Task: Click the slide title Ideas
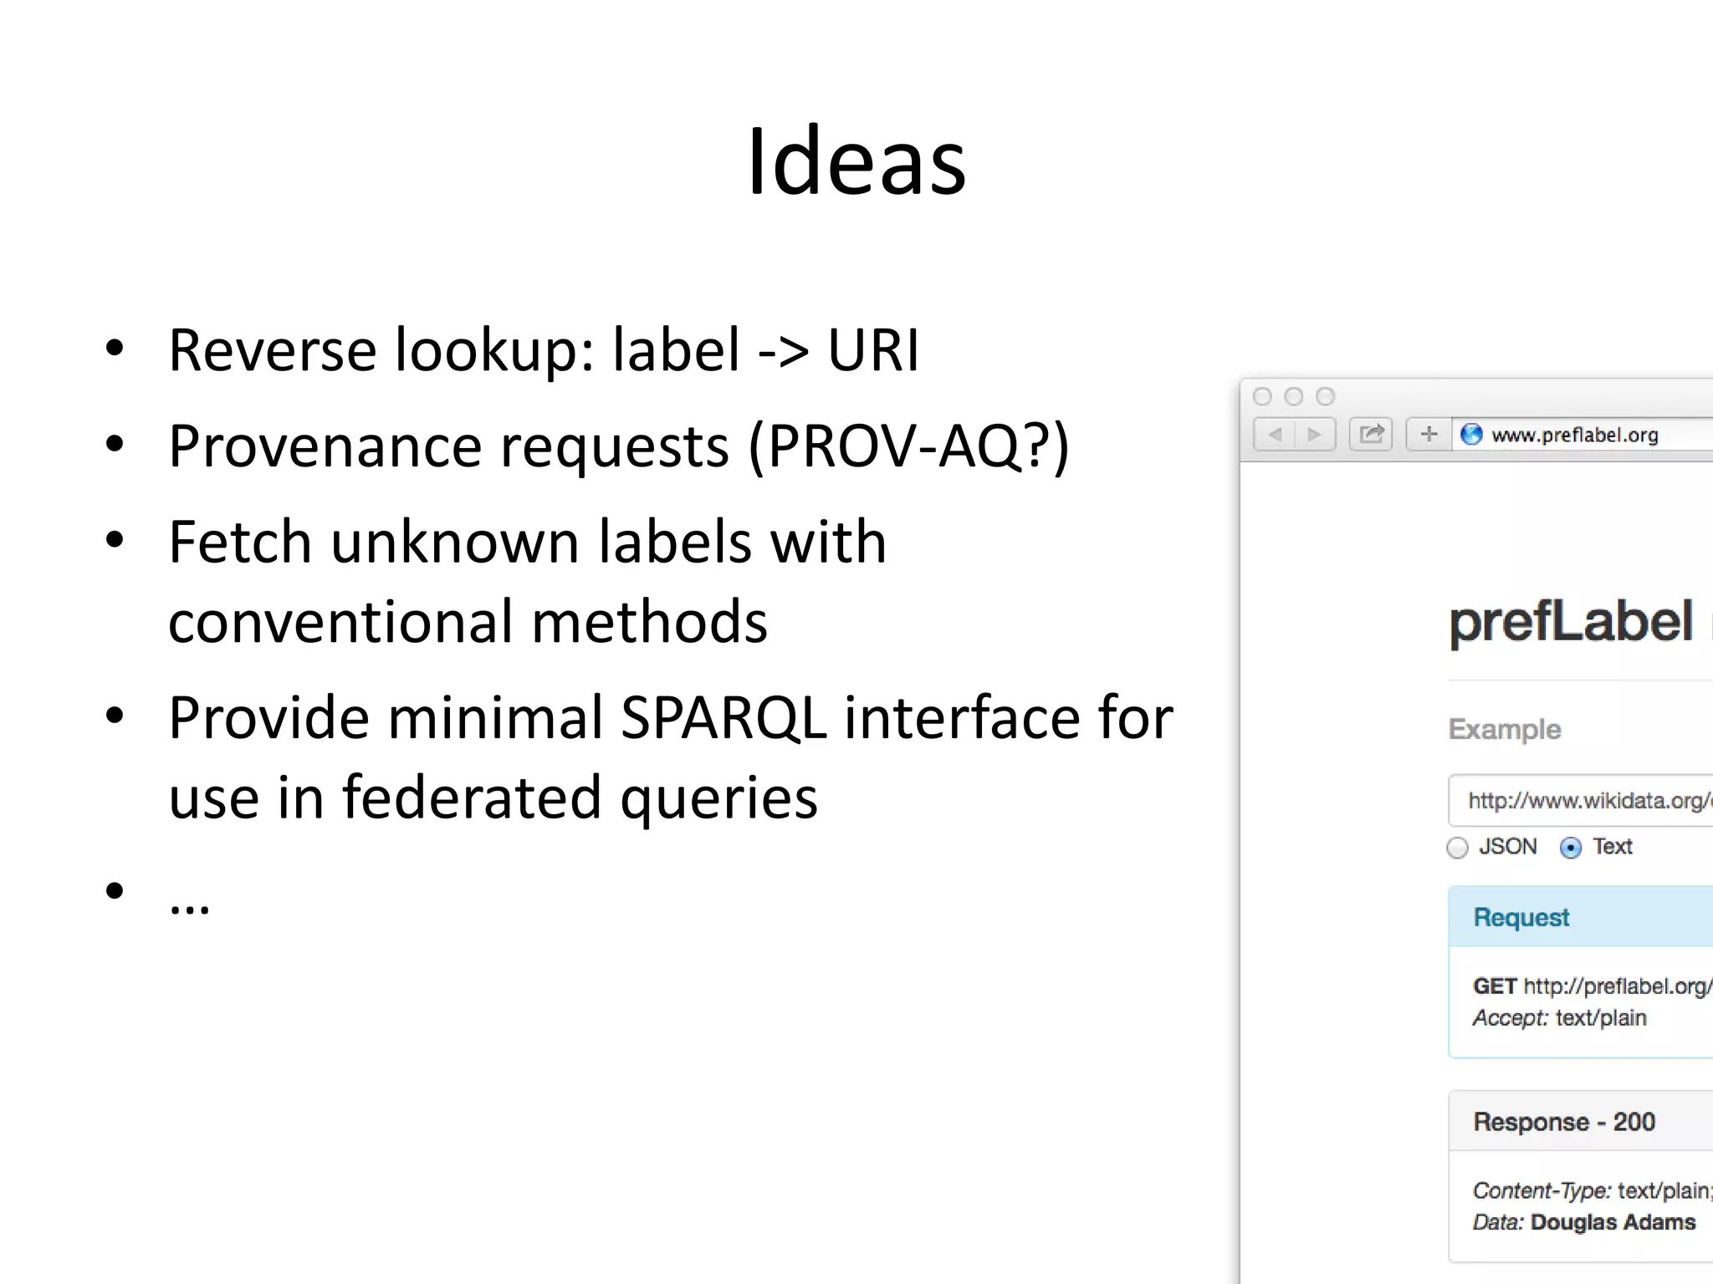coord(856,162)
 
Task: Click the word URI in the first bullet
coord(872,349)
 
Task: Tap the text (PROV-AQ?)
coord(908,446)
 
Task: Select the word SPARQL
coord(723,718)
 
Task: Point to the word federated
coord(471,797)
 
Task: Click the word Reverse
coord(272,349)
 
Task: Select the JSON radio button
coord(1457,848)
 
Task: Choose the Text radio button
coord(1571,848)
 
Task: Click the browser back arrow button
coord(1275,435)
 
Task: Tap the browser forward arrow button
coord(1314,435)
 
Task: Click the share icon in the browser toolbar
coord(1371,435)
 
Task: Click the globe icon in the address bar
coord(1471,435)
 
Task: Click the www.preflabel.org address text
coord(1574,436)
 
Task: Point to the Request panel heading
coord(1521,917)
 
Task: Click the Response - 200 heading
coord(1563,1122)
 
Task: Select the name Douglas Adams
coord(1613,1222)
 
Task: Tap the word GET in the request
coord(1495,986)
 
